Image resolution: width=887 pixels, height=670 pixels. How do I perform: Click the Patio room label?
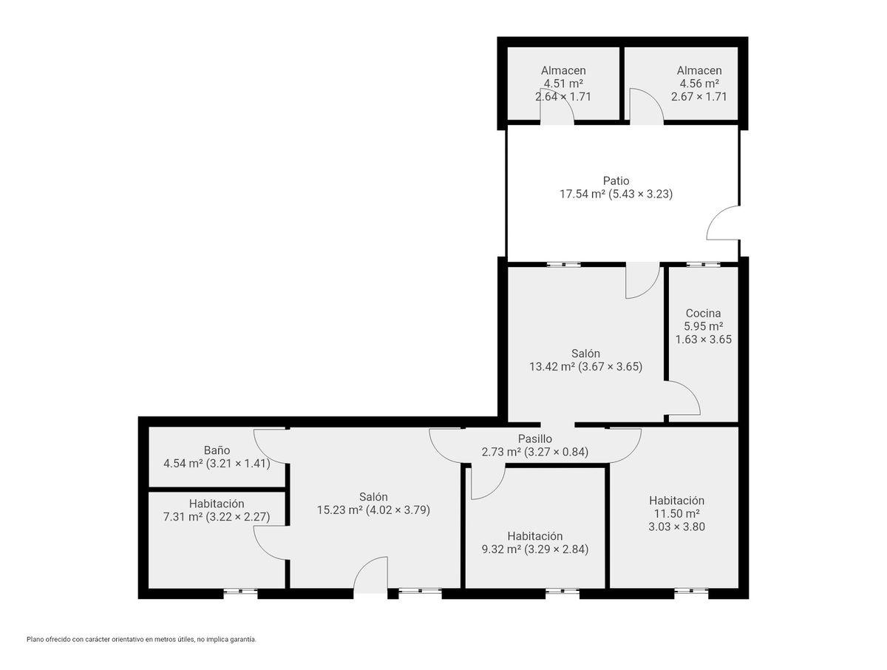pyautogui.click(x=611, y=180)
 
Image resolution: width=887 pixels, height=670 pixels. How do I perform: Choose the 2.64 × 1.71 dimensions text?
pyautogui.click(x=559, y=96)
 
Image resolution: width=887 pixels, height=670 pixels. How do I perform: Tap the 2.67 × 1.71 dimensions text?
pyautogui.click(x=694, y=96)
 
